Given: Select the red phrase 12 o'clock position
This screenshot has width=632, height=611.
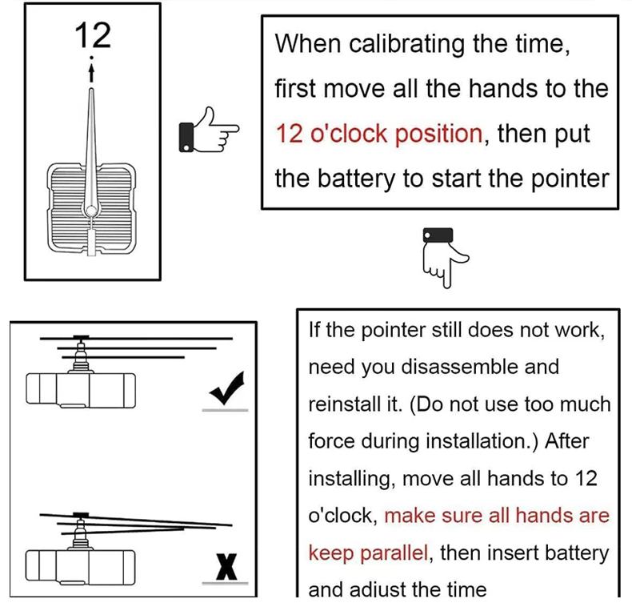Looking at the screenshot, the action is [x=379, y=133].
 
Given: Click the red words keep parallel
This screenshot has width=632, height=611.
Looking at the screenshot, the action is [x=367, y=553].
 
